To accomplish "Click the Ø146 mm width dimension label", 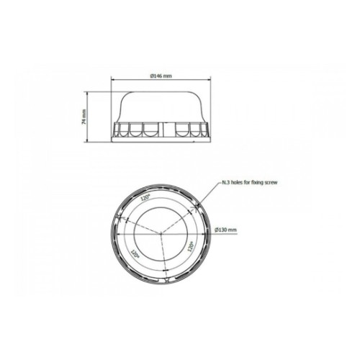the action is (x=161, y=76).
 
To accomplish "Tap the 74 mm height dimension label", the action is (x=84, y=117).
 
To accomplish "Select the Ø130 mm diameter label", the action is (x=225, y=230).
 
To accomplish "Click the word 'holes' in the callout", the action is (x=240, y=182).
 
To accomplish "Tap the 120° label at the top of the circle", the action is (x=145, y=197).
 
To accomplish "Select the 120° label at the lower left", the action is (x=135, y=253).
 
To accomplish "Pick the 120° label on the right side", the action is (x=191, y=246).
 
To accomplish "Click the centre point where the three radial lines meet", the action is (x=161, y=233).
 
